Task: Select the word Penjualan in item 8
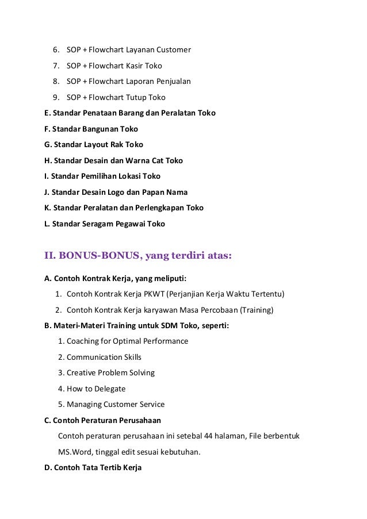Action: [172, 82]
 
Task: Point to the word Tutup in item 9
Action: [137, 97]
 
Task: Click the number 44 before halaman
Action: [210, 436]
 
